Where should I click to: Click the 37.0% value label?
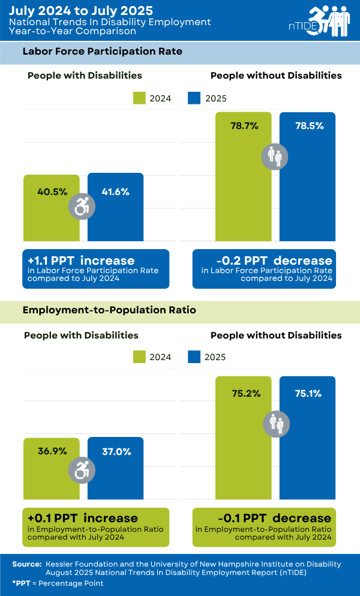pos(116,451)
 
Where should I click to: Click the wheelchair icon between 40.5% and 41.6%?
pos(82,206)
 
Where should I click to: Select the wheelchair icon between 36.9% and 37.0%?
pos(82,470)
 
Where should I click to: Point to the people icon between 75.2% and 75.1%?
pos(275,424)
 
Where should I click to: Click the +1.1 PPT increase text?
pos(81,260)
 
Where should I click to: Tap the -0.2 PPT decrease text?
pos(274,260)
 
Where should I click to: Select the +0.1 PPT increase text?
pos(83,517)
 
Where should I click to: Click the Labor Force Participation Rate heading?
pos(102,52)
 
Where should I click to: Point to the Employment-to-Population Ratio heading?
pos(109,310)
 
